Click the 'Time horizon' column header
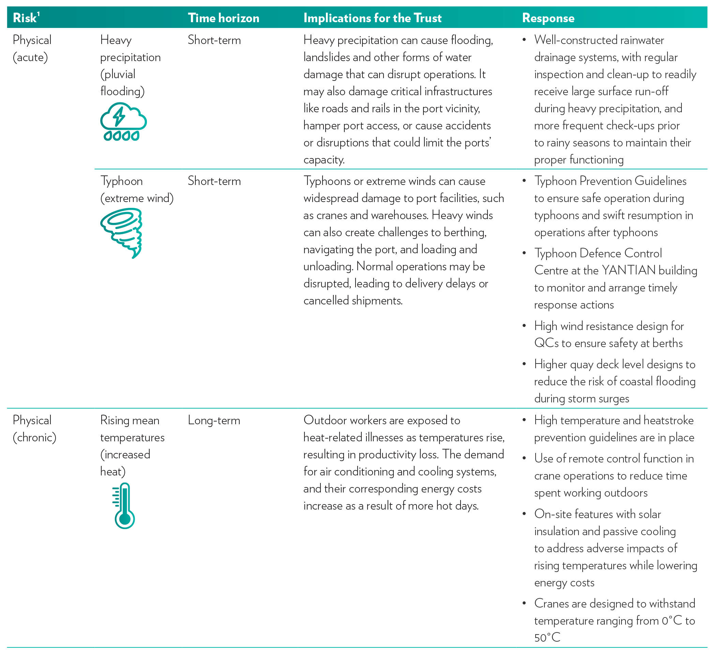click(224, 18)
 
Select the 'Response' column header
click(548, 18)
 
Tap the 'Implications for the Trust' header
click(373, 18)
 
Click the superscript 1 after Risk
click(39, 14)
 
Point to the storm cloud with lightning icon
click(123, 122)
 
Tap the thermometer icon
click(124, 506)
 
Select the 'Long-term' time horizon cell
click(214, 420)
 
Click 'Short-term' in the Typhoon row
click(214, 181)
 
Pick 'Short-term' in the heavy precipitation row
click(214, 40)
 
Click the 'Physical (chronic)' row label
click(34, 429)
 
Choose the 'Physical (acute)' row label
click(32, 48)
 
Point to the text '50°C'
click(547, 638)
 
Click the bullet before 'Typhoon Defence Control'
click(524, 253)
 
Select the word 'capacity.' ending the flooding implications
click(324, 160)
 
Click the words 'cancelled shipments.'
click(353, 301)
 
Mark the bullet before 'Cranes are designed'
click(524, 603)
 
